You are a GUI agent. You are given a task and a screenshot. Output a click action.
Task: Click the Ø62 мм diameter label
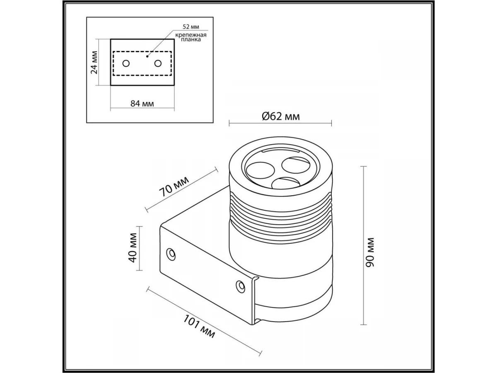pyautogui.click(x=280, y=116)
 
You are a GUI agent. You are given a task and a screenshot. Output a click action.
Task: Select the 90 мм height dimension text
pyautogui.click(x=370, y=252)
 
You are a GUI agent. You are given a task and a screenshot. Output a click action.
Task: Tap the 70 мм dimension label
pyautogui.click(x=174, y=187)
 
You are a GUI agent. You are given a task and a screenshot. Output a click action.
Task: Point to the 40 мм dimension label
pyautogui.click(x=133, y=247)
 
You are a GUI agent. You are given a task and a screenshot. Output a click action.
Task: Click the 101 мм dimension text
pyautogui.click(x=199, y=326)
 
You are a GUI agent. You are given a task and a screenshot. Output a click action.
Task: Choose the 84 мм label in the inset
pyautogui.click(x=142, y=104)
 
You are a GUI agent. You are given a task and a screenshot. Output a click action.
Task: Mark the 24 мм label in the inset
pyautogui.click(x=94, y=63)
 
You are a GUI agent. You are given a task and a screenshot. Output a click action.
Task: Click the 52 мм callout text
pyautogui.click(x=191, y=27)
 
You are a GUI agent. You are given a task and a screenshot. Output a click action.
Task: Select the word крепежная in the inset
pyautogui.click(x=191, y=35)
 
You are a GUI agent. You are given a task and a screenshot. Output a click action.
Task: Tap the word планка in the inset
pyautogui.click(x=191, y=39)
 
